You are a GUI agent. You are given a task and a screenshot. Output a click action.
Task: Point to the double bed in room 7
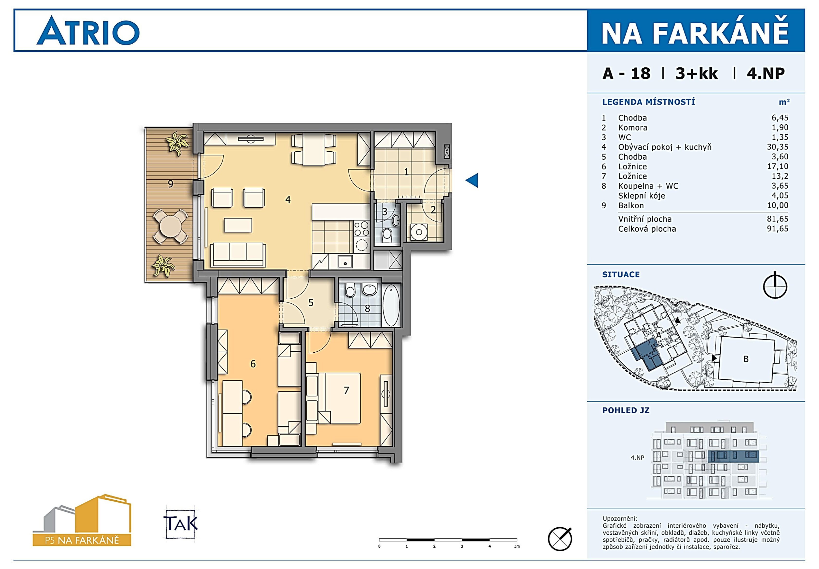pos(339,398)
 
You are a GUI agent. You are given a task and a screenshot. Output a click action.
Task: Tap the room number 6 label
pos(253,364)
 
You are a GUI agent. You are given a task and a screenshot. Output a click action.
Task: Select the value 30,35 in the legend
pos(777,147)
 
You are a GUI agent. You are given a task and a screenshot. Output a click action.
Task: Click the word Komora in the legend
pos(633,128)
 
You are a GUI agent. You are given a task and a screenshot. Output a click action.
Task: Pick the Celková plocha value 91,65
pos(777,229)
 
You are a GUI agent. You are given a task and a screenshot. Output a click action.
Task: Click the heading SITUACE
pos(621,275)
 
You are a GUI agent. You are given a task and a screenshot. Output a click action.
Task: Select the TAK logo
pos(181,523)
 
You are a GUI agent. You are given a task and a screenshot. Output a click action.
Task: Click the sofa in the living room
pos(238,255)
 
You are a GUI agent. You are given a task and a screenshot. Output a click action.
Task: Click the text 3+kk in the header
pos(696,73)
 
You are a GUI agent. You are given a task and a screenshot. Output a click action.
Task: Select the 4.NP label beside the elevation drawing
pos(637,457)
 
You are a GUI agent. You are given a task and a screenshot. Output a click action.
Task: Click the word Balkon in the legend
pos(631,205)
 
